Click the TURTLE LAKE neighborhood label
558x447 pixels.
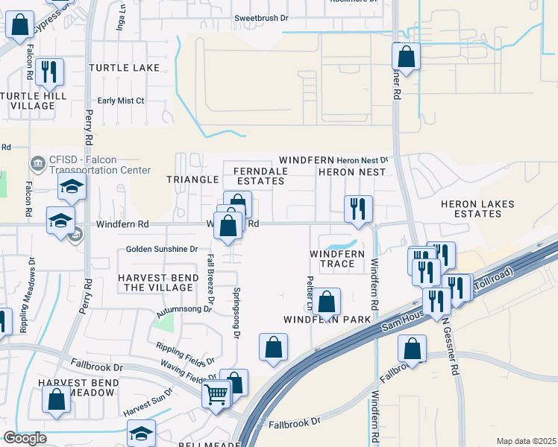click(x=124, y=68)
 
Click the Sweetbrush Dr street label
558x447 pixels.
click(x=260, y=17)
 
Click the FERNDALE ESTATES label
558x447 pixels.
click(x=261, y=176)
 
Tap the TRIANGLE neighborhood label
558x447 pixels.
click(x=192, y=180)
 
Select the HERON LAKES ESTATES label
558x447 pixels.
click(x=471, y=209)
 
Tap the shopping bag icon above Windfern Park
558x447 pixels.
click(x=326, y=302)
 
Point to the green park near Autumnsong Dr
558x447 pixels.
click(x=163, y=323)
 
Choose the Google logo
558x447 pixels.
click(x=25, y=438)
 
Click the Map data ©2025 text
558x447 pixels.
click(x=525, y=441)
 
